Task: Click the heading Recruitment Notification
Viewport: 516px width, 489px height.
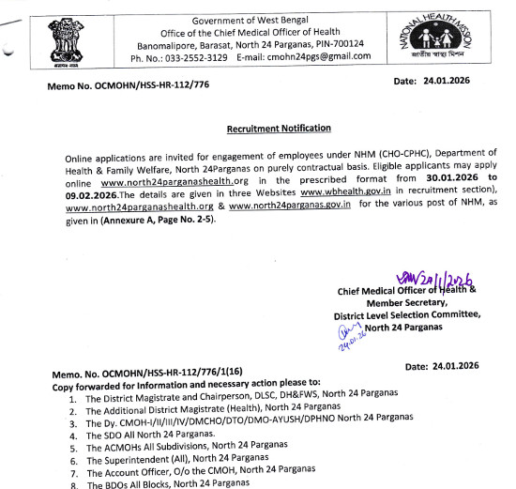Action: (278, 128)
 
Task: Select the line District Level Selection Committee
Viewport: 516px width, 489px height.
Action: (407, 315)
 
